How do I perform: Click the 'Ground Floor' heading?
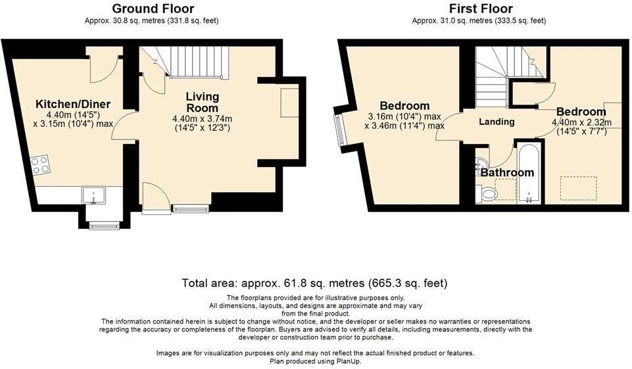153,9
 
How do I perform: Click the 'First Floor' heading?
477,9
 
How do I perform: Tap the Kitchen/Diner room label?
73,104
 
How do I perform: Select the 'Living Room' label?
202,103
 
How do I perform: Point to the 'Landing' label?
496,122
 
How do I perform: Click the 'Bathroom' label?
506,173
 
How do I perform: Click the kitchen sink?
94,195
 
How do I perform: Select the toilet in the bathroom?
489,193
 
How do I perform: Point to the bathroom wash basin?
481,164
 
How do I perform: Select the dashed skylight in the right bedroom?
578,189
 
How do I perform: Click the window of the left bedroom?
339,129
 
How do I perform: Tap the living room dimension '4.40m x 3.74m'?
202,119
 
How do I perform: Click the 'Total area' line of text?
315,283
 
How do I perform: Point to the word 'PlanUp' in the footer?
347,361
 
